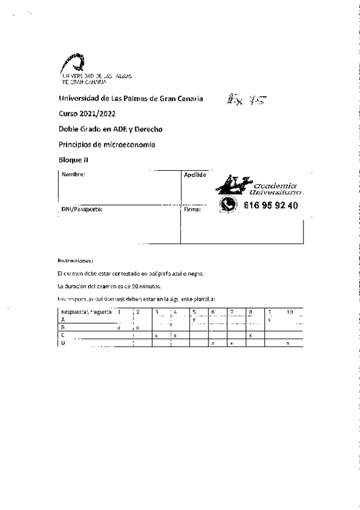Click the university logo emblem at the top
point(76,63)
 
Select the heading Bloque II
point(73,159)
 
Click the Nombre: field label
point(74,174)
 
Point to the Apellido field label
point(195,174)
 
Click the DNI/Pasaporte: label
point(82,209)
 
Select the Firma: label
point(193,209)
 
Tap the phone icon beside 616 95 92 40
point(228,204)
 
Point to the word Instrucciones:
point(75,260)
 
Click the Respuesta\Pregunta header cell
point(84,312)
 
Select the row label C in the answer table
point(63,335)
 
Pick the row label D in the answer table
point(63,343)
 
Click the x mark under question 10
point(288,343)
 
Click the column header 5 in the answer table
point(194,312)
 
